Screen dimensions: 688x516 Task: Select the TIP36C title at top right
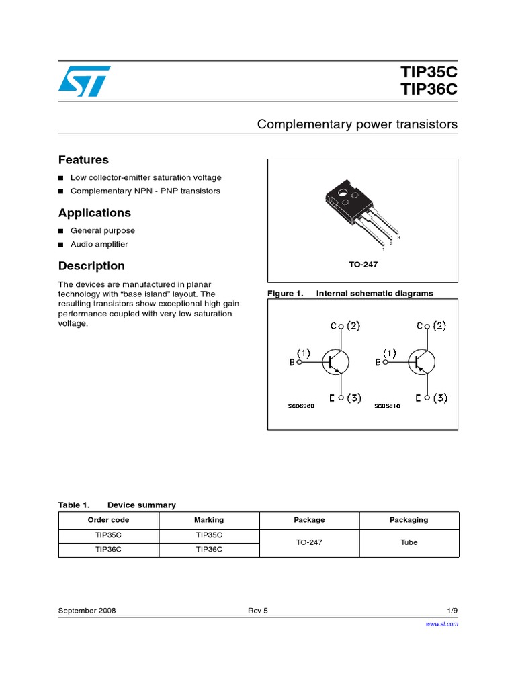429,91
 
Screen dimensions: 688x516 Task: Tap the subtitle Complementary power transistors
357,124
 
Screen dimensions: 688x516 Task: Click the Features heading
83,160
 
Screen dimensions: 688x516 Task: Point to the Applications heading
95,213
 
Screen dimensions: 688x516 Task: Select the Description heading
91,266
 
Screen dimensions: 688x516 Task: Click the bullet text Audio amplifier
99,245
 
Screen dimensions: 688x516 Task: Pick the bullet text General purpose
102,230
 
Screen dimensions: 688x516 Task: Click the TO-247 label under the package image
363,265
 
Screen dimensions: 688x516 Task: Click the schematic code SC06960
301,406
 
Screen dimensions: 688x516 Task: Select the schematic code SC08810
387,406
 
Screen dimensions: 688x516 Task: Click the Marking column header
209,520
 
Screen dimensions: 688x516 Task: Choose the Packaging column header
408,520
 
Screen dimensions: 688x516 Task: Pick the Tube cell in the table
408,542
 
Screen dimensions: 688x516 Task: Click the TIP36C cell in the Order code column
109,549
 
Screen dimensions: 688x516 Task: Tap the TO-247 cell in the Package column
309,542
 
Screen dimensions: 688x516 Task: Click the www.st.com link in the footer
442,624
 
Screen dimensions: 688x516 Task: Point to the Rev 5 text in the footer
257,611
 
